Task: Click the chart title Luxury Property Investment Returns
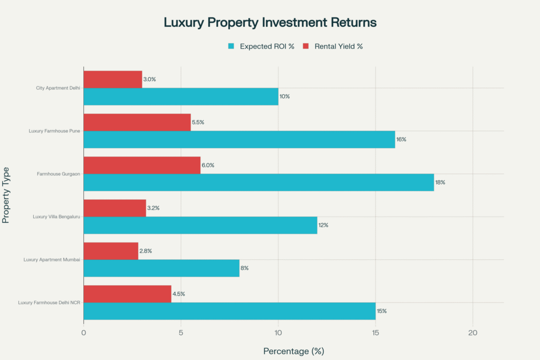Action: tap(270, 23)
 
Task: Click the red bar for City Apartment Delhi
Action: tap(113, 80)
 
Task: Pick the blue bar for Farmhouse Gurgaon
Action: tap(258, 182)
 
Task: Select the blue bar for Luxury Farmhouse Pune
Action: tap(239, 140)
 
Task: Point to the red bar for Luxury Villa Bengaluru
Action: tap(114, 208)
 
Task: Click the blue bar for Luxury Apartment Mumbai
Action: tap(161, 268)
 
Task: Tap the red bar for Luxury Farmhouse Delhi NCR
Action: tap(127, 294)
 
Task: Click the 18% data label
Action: tap(441, 182)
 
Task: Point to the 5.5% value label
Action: tap(198, 122)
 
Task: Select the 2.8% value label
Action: tap(146, 251)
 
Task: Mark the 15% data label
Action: tap(381, 311)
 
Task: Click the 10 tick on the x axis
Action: tap(278, 333)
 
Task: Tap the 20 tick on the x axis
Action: tap(472, 333)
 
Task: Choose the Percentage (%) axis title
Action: tap(293, 351)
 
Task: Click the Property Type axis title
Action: tap(6, 195)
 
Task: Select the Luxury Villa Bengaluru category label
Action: tap(56, 217)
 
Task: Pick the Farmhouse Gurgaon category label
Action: tap(59, 174)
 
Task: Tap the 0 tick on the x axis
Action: tap(84, 333)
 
